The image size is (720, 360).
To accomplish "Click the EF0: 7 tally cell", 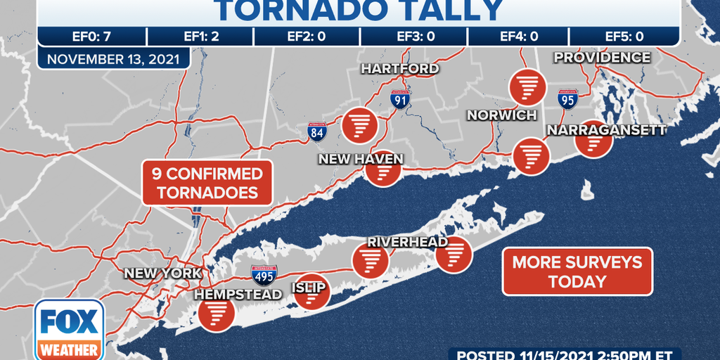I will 92,37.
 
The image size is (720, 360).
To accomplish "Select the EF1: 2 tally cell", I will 201,37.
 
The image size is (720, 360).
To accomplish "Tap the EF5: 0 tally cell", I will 624,37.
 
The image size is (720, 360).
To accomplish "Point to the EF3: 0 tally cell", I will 413,37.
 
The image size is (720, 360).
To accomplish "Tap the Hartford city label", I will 399,69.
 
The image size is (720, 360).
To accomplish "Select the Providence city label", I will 603,58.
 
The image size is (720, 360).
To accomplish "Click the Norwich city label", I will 502,115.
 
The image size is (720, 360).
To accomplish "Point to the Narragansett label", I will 606,130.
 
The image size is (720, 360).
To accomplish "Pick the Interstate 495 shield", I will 264,274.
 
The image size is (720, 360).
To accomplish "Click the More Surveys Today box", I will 577,271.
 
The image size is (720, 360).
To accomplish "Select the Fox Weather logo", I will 69,330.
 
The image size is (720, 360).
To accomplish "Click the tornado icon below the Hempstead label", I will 216,313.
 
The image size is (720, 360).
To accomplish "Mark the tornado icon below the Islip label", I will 311,292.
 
